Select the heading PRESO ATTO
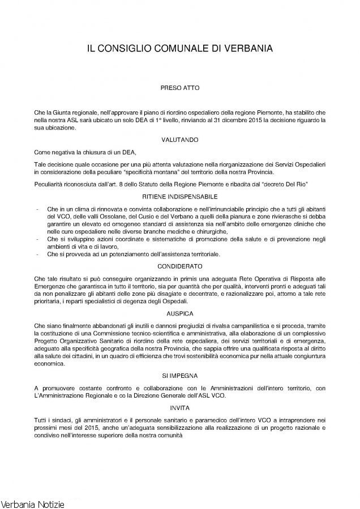[x=180, y=88]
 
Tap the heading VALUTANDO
[x=180, y=138]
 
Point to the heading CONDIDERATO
[x=180, y=265]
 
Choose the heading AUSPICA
[x=180, y=313]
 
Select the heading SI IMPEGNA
[x=180, y=374]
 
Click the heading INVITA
[x=180, y=407]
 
